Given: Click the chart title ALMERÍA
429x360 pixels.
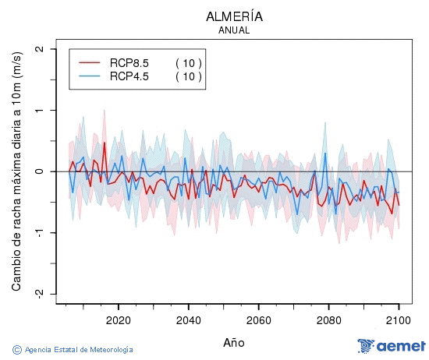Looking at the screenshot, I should point(234,16).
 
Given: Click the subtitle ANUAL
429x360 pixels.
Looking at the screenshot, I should point(234,30).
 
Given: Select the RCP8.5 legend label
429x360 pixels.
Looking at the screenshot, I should point(129,63).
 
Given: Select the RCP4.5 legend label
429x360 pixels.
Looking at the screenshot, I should point(129,76).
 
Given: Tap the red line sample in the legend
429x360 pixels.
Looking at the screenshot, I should point(90,63).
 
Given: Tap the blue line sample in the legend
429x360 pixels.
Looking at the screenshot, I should point(90,76).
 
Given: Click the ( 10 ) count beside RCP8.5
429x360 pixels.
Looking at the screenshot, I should point(188,63).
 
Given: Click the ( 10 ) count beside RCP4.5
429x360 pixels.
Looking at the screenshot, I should point(188,76).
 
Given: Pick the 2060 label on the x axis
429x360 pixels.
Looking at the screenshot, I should point(258,320).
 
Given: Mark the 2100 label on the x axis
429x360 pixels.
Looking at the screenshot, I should point(399,320).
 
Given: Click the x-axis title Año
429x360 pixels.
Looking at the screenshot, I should point(234,342).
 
